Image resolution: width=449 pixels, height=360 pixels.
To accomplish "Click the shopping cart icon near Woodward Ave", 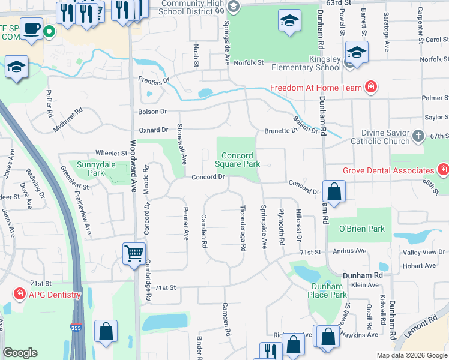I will tap(134, 253).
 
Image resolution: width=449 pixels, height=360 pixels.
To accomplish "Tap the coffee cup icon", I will tap(31, 28).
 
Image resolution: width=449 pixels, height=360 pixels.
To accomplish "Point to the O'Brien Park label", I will tap(361, 229).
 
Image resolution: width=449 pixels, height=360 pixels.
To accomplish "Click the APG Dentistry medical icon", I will tap(20, 295).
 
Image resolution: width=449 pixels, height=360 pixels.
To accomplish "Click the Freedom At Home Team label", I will tap(316, 88).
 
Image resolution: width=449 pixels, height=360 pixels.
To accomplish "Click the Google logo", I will tap(20, 353).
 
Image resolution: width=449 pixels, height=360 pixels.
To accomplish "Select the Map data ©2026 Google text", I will tap(412, 355).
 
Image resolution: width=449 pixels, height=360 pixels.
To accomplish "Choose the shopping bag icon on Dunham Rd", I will tap(334, 192).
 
